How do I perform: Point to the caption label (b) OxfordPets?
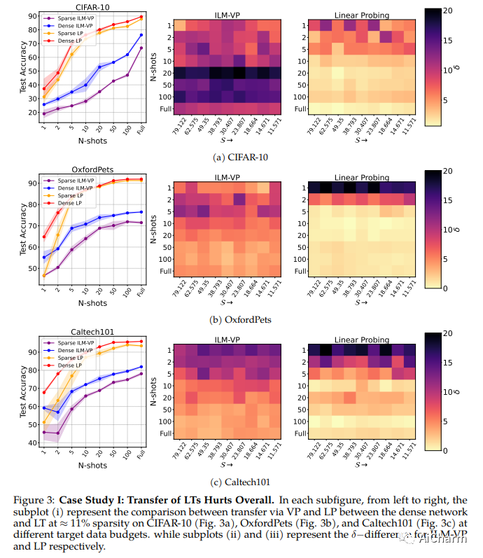pyautogui.click(x=241, y=320)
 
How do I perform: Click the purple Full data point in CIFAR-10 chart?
pyautogui.click(x=141, y=48)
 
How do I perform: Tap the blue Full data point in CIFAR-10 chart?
pyautogui.click(x=141, y=35)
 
